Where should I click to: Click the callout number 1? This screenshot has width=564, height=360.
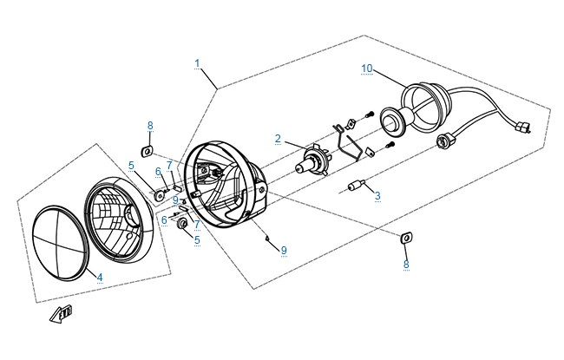pos(197,63)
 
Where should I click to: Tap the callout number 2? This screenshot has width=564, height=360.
pos(278,139)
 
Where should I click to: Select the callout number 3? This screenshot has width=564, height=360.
pos(377,196)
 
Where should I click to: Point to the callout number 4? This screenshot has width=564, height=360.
pos(100,278)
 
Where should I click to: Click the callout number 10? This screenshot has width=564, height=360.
pos(367,69)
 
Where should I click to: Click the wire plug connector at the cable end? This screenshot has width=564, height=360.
pos(523,128)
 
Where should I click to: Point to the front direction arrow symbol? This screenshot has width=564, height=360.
pos(61,313)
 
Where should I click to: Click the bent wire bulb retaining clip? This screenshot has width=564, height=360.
pos(348,143)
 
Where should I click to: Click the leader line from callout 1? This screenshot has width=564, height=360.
pos(209,79)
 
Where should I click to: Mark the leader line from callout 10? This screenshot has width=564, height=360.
pos(390,80)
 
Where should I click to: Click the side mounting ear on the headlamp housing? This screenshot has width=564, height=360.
pos(262,187)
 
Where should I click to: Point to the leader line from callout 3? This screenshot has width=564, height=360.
pos(370,188)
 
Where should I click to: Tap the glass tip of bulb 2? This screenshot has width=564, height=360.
pos(299,168)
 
